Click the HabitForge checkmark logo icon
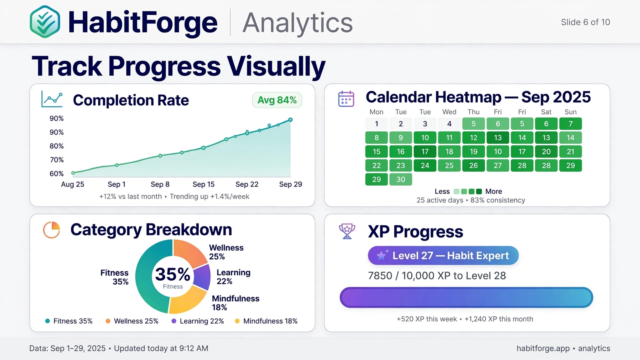[45, 22]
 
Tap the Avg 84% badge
[277, 100]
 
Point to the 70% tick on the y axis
[57, 160]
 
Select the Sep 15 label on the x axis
[203, 184]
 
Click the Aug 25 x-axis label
[72, 184]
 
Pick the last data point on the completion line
[290, 120]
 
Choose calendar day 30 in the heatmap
[401, 179]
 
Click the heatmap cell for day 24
[425, 166]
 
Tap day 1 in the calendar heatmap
[377, 124]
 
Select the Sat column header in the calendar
[546, 112]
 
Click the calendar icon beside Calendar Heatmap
[346, 99]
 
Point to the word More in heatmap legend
[493, 191]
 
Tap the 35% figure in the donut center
[172, 274]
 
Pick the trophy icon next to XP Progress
[347, 231]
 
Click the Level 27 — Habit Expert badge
[443, 256]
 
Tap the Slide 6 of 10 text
[585, 22]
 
